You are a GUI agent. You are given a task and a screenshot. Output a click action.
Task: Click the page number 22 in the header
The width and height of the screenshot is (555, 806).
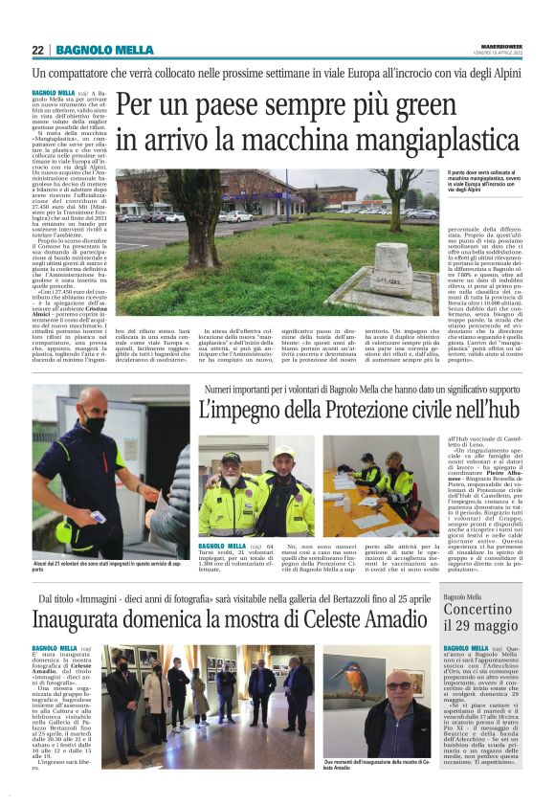point(38,50)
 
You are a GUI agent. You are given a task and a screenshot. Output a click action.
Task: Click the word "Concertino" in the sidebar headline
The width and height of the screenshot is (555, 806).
point(482,610)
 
